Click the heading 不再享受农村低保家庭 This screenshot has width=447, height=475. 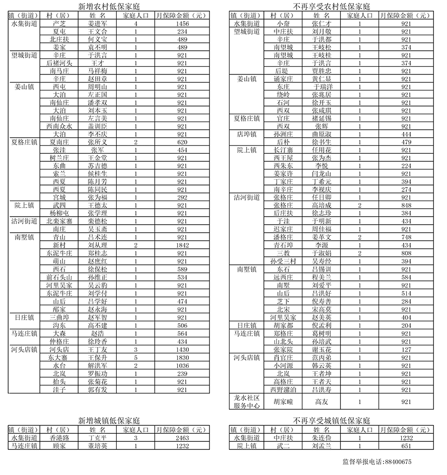331,7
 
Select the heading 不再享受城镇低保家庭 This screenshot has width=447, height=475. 331,420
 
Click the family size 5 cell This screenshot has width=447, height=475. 136,357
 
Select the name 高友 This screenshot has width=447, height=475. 321,402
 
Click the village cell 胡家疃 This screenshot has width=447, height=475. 283,402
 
